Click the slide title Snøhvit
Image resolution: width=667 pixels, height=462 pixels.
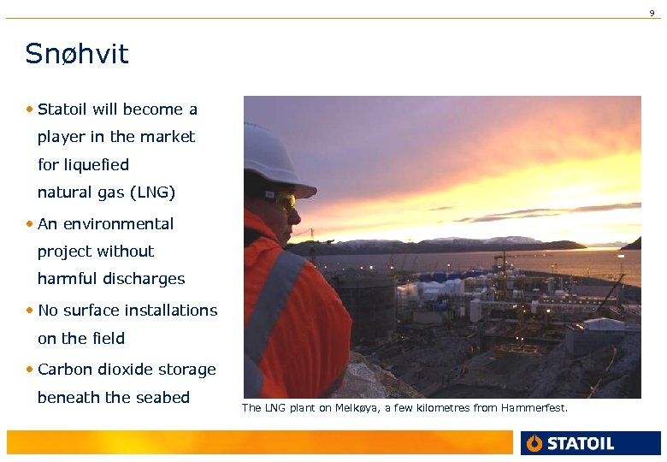(77, 54)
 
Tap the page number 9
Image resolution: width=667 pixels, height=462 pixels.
(652, 13)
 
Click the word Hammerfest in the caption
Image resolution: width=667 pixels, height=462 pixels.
(535, 408)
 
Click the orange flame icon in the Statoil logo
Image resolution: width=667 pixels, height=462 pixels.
(535, 443)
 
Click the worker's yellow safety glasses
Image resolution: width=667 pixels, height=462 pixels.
(284, 201)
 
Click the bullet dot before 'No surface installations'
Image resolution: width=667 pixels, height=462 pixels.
(30, 311)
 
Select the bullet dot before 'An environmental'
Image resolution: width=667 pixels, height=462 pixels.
(30, 224)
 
